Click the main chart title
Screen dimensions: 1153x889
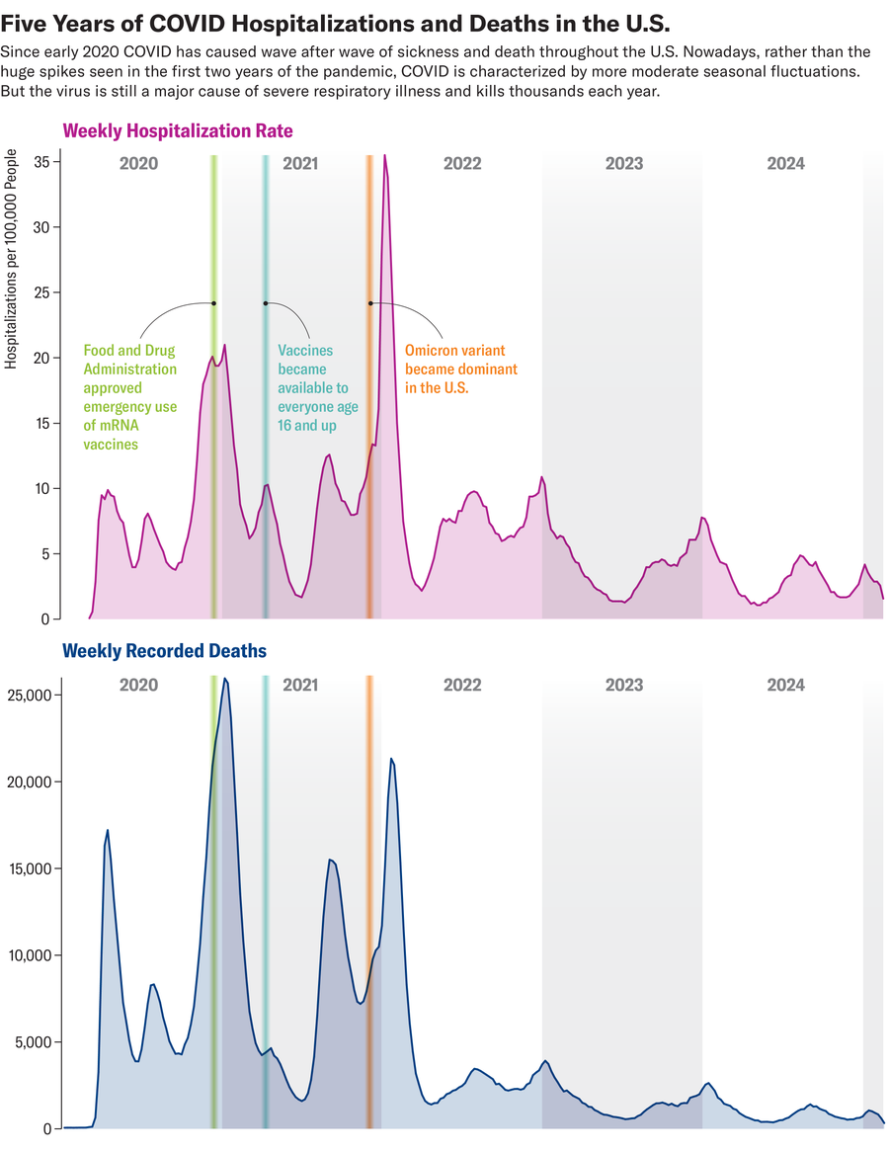coord(337,22)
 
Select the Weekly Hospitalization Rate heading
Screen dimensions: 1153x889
coord(178,130)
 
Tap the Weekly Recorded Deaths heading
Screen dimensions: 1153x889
coord(164,650)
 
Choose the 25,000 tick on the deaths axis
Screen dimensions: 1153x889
coord(29,696)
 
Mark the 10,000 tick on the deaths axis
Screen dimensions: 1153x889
coord(29,955)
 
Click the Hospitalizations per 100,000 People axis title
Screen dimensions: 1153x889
coord(11,259)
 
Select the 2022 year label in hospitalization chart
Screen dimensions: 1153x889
coord(462,164)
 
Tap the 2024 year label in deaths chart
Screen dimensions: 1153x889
coord(785,685)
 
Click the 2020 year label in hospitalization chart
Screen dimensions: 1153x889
coord(138,164)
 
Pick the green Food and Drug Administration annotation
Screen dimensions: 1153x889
coord(129,397)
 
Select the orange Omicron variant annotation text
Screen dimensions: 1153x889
coord(460,369)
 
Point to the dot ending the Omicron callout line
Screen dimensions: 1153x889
coord(370,303)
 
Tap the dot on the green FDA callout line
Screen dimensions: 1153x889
coord(213,303)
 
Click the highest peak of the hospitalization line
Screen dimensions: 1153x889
coord(384,156)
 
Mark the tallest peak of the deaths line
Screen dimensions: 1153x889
coord(224,679)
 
